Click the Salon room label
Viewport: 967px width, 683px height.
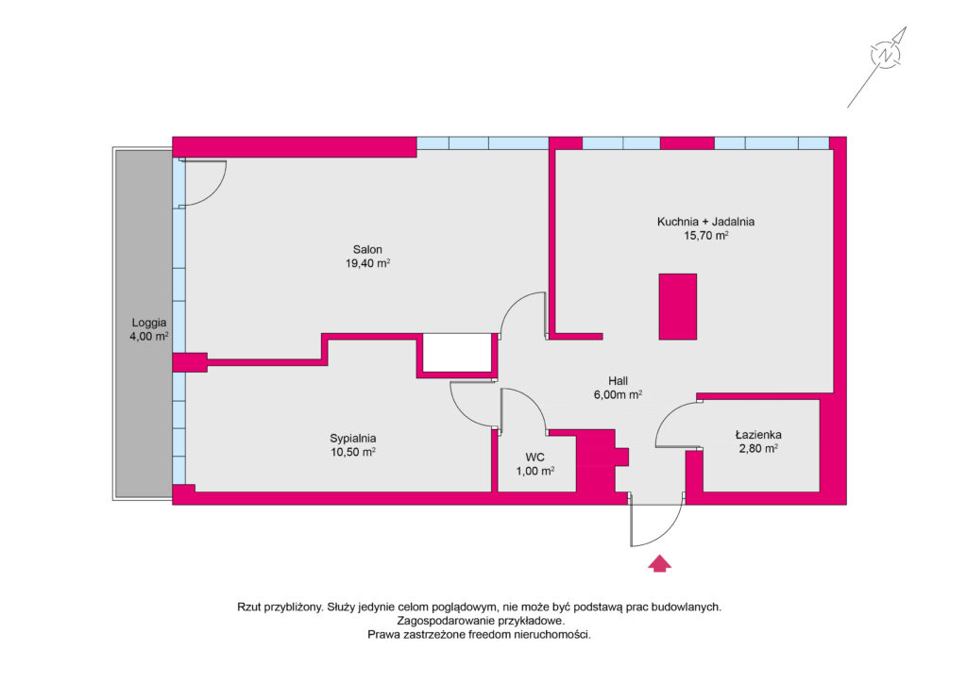tap(367, 249)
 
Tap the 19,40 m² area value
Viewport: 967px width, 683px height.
tap(367, 263)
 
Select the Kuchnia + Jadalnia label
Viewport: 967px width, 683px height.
tap(705, 222)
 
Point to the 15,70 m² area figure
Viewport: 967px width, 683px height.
tap(706, 235)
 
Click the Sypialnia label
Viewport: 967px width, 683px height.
tap(353, 439)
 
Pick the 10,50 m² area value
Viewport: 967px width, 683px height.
tap(353, 452)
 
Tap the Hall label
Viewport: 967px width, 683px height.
tap(618, 381)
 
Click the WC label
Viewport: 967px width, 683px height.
tap(534, 457)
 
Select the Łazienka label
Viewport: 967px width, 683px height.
tap(758, 435)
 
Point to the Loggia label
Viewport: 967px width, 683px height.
tap(148, 323)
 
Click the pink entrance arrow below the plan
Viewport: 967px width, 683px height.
tap(659, 563)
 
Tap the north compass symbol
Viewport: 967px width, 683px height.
tap(885, 55)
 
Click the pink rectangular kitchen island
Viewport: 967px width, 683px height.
tap(678, 307)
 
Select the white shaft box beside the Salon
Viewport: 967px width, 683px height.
tap(456, 353)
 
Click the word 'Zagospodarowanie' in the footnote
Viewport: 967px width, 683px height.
tap(441, 621)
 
